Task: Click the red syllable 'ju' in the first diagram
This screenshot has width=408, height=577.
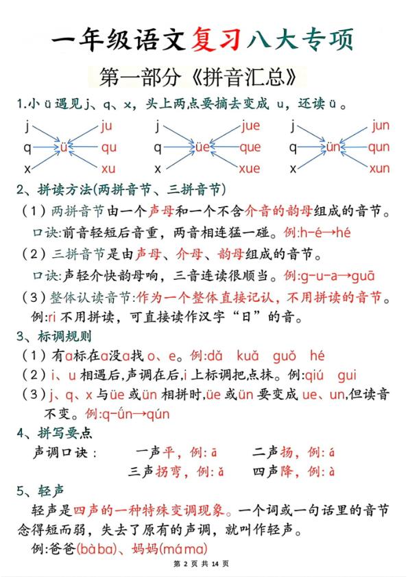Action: pos(106,126)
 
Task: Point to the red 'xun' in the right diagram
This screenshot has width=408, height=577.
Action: pos(379,169)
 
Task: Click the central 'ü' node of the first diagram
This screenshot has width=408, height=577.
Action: pos(64,147)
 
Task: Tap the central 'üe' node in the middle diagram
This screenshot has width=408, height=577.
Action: pos(201,147)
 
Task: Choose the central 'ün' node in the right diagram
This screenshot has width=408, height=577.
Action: pos(332,147)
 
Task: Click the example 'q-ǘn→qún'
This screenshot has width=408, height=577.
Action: pos(127,414)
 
